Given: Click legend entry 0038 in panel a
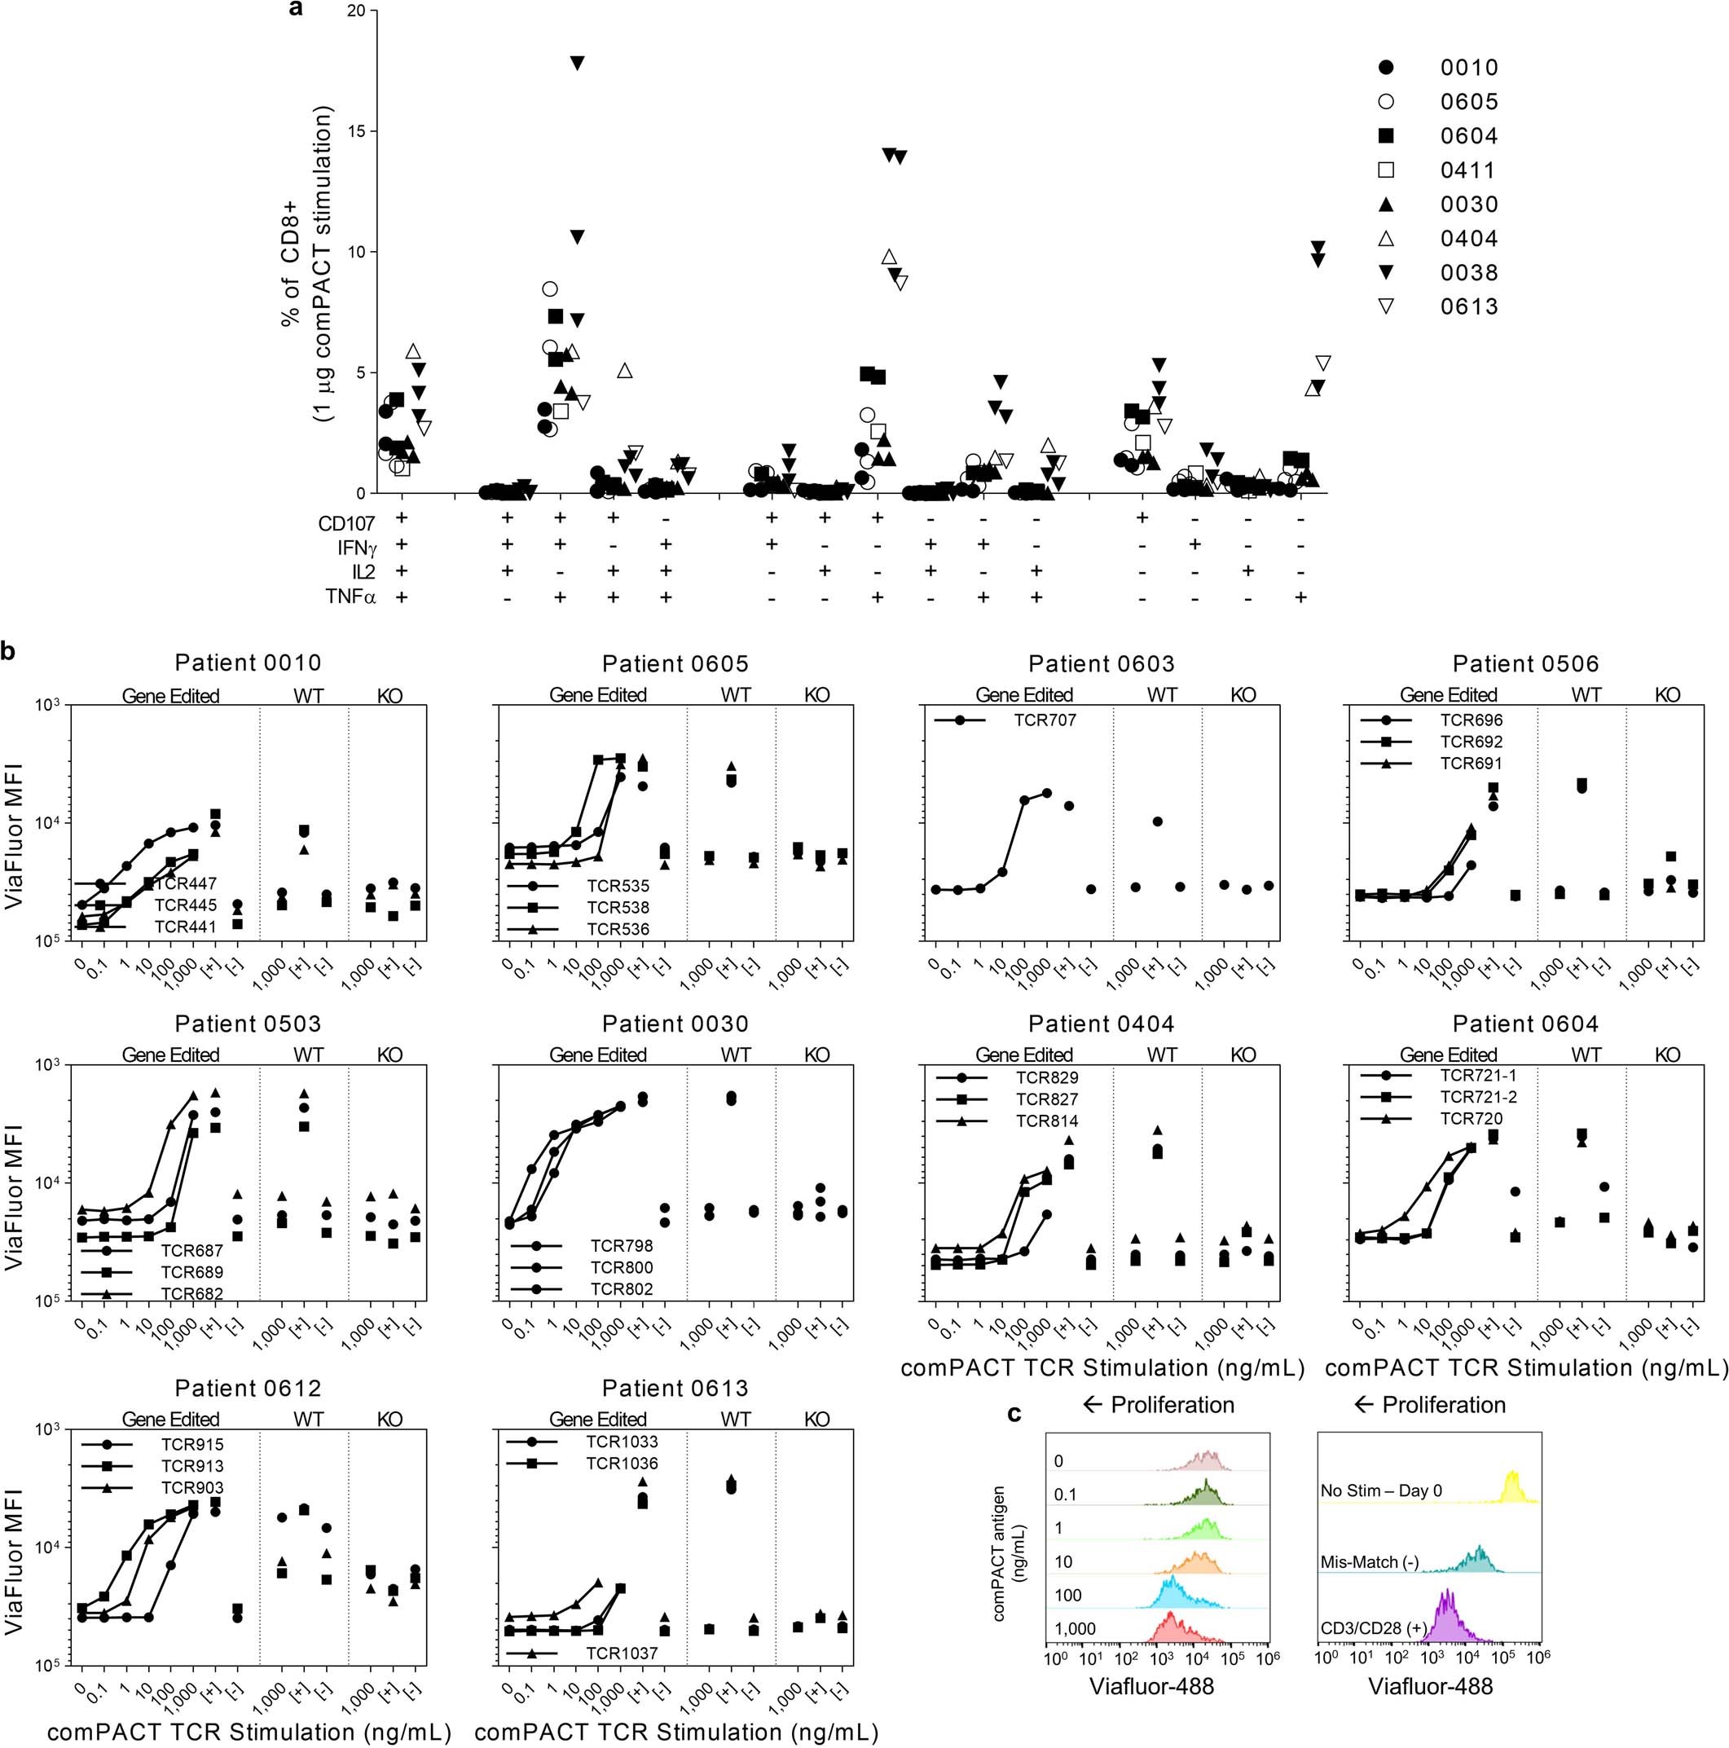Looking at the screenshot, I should click(x=1468, y=272).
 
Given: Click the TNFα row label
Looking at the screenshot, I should click(x=351, y=597).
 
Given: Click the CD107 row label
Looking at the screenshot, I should click(x=346, y=524).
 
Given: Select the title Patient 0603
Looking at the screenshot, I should click(x=1101, y=664).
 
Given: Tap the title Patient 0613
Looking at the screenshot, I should click(x=675, y=1388).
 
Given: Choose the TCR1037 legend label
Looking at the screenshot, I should click(x=621, y=1653).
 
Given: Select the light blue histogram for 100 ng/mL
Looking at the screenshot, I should click(x=1172, y=1593).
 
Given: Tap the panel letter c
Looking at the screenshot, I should click(x=1014, y=1412).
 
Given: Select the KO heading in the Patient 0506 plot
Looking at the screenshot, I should click(x=1666, y=695).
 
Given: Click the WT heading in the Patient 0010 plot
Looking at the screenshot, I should click(x=308, y=695).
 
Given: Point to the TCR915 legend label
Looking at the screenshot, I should click(x=191, y=1445).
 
